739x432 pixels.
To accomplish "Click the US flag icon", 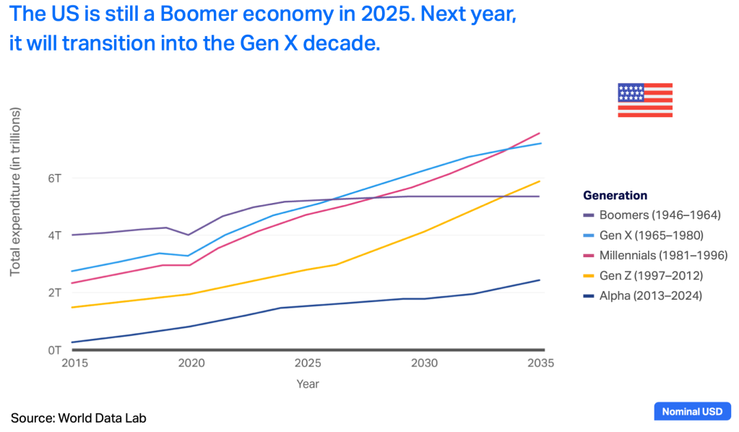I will (x=644, y=100).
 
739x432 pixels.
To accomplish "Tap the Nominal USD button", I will (x=691, y=412).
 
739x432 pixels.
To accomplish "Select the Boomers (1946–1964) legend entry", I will (x=653, y=215).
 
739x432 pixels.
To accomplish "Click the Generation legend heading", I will (x=615, y=195).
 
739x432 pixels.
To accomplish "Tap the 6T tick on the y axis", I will (x=54, y=178).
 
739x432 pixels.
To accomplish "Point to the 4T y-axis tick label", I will (x=54, y=235).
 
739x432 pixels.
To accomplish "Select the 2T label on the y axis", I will (x=54, y=293).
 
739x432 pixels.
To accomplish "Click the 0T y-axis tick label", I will (x=54, y=350).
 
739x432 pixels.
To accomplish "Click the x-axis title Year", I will (x=307, y=384).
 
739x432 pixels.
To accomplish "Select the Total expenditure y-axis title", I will (x=15, y=191).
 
